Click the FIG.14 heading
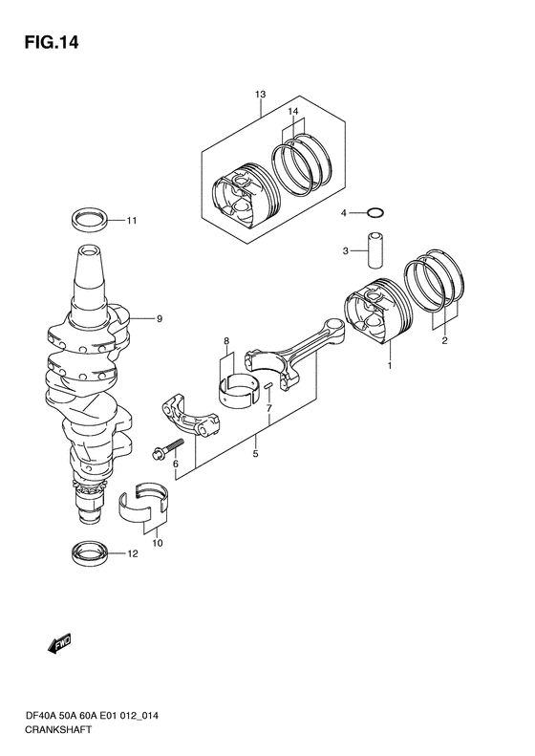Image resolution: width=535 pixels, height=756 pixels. [x=51, y=42]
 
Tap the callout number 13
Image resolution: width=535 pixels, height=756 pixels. [x=260, y=95]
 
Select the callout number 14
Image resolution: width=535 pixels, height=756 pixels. [x=293, y=112]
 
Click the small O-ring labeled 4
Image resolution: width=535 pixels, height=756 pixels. [x=375, y=212]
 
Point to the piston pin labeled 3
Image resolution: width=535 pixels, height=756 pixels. [x=375, y=250]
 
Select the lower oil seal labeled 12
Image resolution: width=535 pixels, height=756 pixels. [x=90, y=552]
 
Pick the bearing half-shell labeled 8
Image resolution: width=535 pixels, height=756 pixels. [x=237, y=389]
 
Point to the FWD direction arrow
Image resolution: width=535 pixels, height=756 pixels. [x=60, y=643]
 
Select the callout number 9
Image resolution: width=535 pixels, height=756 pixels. [x=159, y=318]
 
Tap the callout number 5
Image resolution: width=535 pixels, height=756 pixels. [x=255, y=454]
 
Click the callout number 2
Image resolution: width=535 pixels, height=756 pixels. [x=444, y=341]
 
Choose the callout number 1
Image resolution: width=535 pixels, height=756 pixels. [x=389, y=366]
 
